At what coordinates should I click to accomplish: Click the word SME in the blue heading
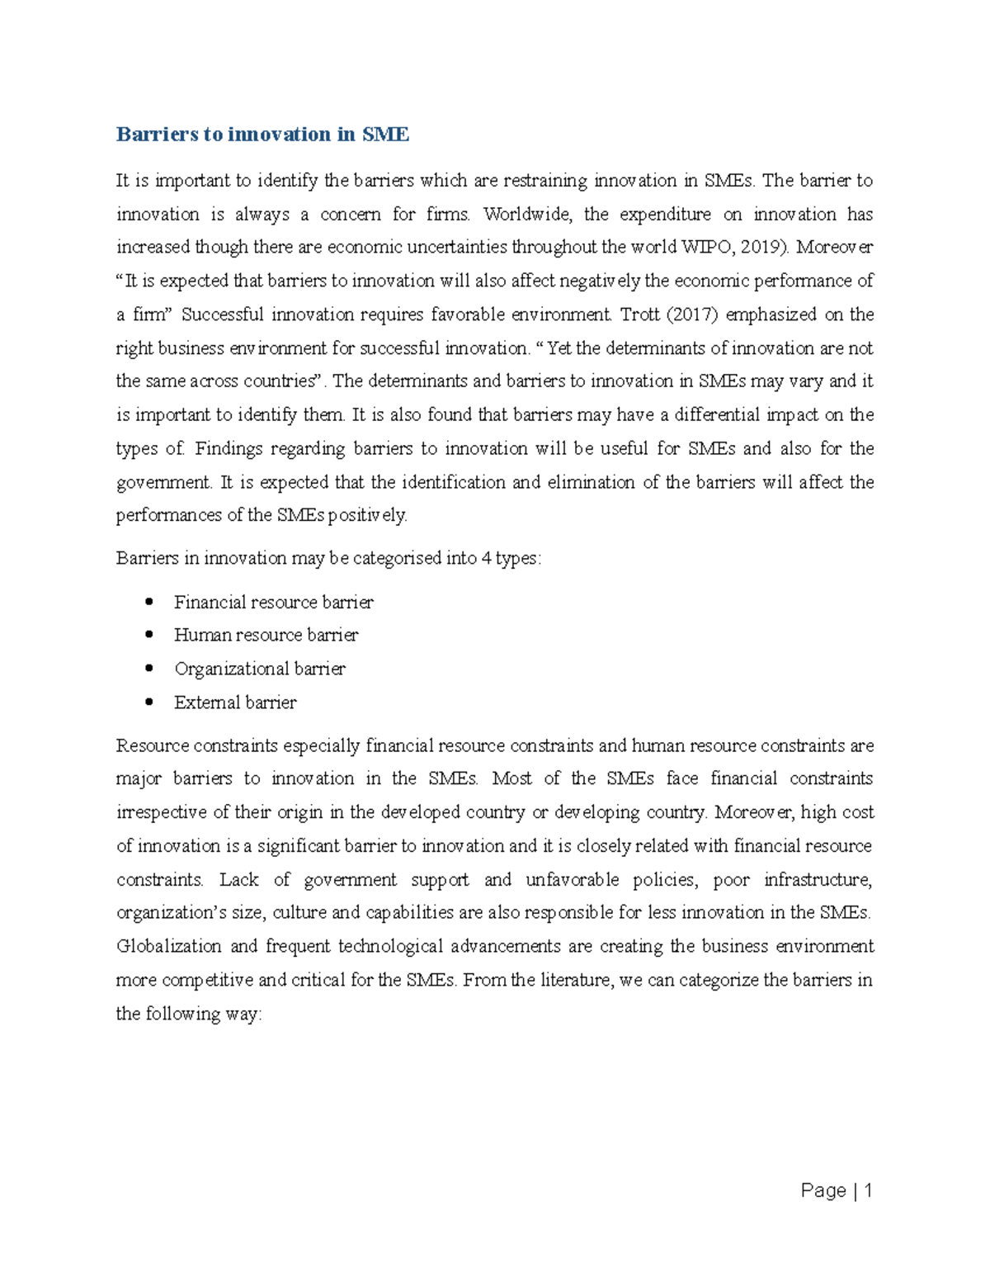(385, 135)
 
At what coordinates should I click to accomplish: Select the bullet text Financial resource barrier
(273, 603)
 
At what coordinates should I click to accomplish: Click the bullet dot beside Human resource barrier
(148, 635)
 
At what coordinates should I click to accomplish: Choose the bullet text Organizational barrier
(259, 669)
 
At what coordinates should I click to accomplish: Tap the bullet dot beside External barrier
(148, 702)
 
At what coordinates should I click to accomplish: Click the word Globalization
(168, 946)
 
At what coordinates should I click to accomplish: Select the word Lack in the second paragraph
(239, 880)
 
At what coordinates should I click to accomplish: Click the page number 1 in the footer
(867, 1190)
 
